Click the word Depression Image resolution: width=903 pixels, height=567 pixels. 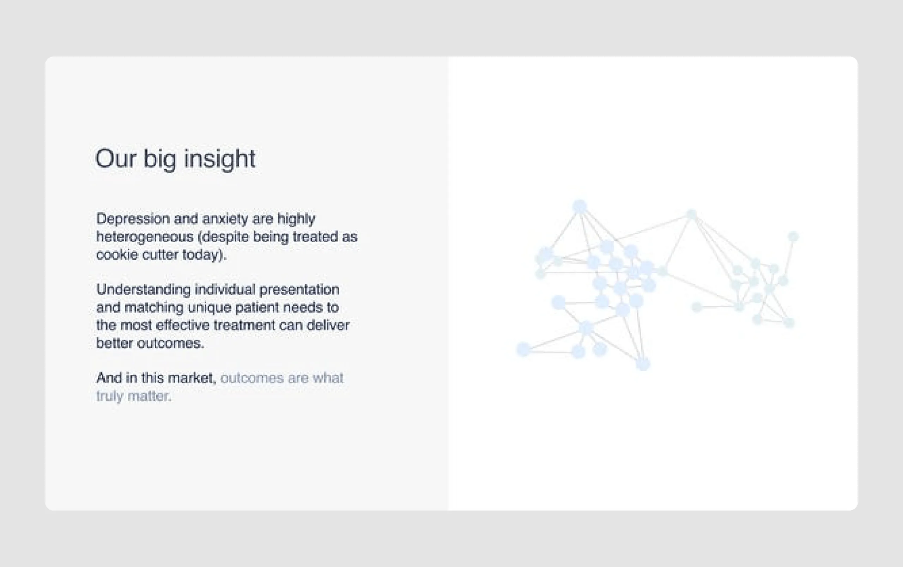tap(133, 219)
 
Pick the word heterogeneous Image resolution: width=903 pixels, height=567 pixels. tap(145, 237)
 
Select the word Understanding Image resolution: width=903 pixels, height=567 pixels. tap(143, 290)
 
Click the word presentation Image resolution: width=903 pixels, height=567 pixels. tap(299, 290)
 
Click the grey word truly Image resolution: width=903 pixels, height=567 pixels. tap(109, 396)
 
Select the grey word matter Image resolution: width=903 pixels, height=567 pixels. tap(149, 396)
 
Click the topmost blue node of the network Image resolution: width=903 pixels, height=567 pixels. tap(580, 207)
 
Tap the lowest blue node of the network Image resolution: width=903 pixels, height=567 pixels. tap(643, 364)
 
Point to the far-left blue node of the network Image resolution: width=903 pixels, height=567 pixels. tap(523, 349)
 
